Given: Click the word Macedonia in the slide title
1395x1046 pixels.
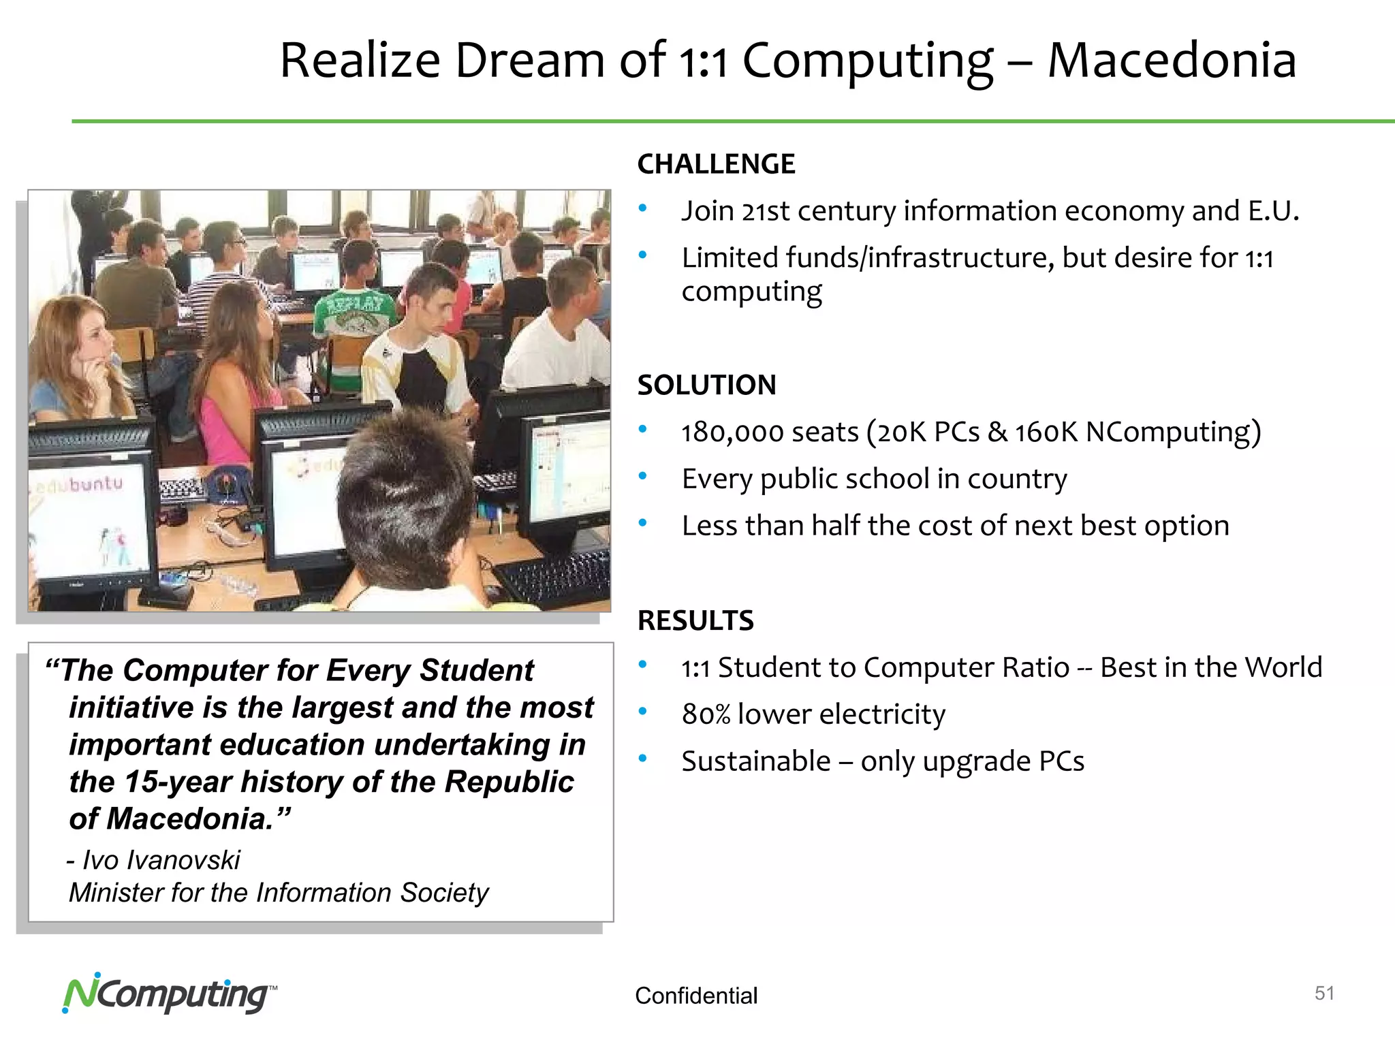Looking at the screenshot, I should pos(1171,61).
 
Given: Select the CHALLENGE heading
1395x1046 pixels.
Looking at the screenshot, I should pos(716,164).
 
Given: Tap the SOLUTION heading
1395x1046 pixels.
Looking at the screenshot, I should pos(706,385).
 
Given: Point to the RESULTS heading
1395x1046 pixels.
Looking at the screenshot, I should pos(695,621).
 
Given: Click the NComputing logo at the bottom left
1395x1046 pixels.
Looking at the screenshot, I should pos(168,995).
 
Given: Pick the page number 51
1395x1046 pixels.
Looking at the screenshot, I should pos(1323,994).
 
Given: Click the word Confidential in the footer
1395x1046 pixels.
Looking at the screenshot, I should pos(695,996).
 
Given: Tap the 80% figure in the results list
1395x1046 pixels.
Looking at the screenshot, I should pos(706,715).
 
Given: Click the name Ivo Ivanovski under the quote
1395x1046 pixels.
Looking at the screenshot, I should pos(161,861).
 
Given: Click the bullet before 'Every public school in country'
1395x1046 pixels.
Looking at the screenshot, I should pos(642,477).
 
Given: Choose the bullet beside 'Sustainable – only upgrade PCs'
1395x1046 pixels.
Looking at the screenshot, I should pos(642,759).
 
